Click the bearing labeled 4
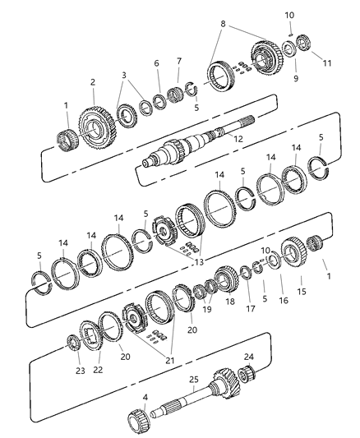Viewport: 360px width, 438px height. point(134,406)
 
